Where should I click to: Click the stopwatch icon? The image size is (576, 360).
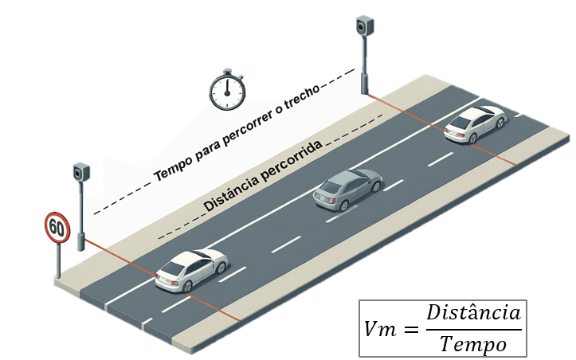pos(227,90)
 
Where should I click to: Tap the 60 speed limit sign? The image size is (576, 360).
pos(57,228)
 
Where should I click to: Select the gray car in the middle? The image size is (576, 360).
pos(347,190)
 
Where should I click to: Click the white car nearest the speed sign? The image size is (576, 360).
pos(191,270)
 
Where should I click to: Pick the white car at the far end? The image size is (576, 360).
pos(476,123)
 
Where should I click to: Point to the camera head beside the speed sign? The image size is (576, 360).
pos(81,172)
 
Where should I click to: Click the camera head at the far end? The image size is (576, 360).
pos(365,25)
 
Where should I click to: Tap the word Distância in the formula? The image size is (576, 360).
pos(473,313)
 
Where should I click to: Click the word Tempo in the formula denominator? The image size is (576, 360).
pos(473,344)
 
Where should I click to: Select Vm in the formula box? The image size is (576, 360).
pos(380,329)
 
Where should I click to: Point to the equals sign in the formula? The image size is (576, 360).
pos(411,329)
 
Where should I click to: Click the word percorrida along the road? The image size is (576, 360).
pos(289,162)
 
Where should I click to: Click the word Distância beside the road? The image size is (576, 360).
pos(230,194)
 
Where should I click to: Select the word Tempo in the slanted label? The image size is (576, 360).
pos(172,168)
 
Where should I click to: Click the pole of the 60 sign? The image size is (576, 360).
pos(58,260)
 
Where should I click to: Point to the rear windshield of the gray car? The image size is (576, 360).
pos(331,187)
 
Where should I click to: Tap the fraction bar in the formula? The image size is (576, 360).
pos(474,330)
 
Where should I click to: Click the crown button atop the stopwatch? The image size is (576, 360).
pos(227,71)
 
